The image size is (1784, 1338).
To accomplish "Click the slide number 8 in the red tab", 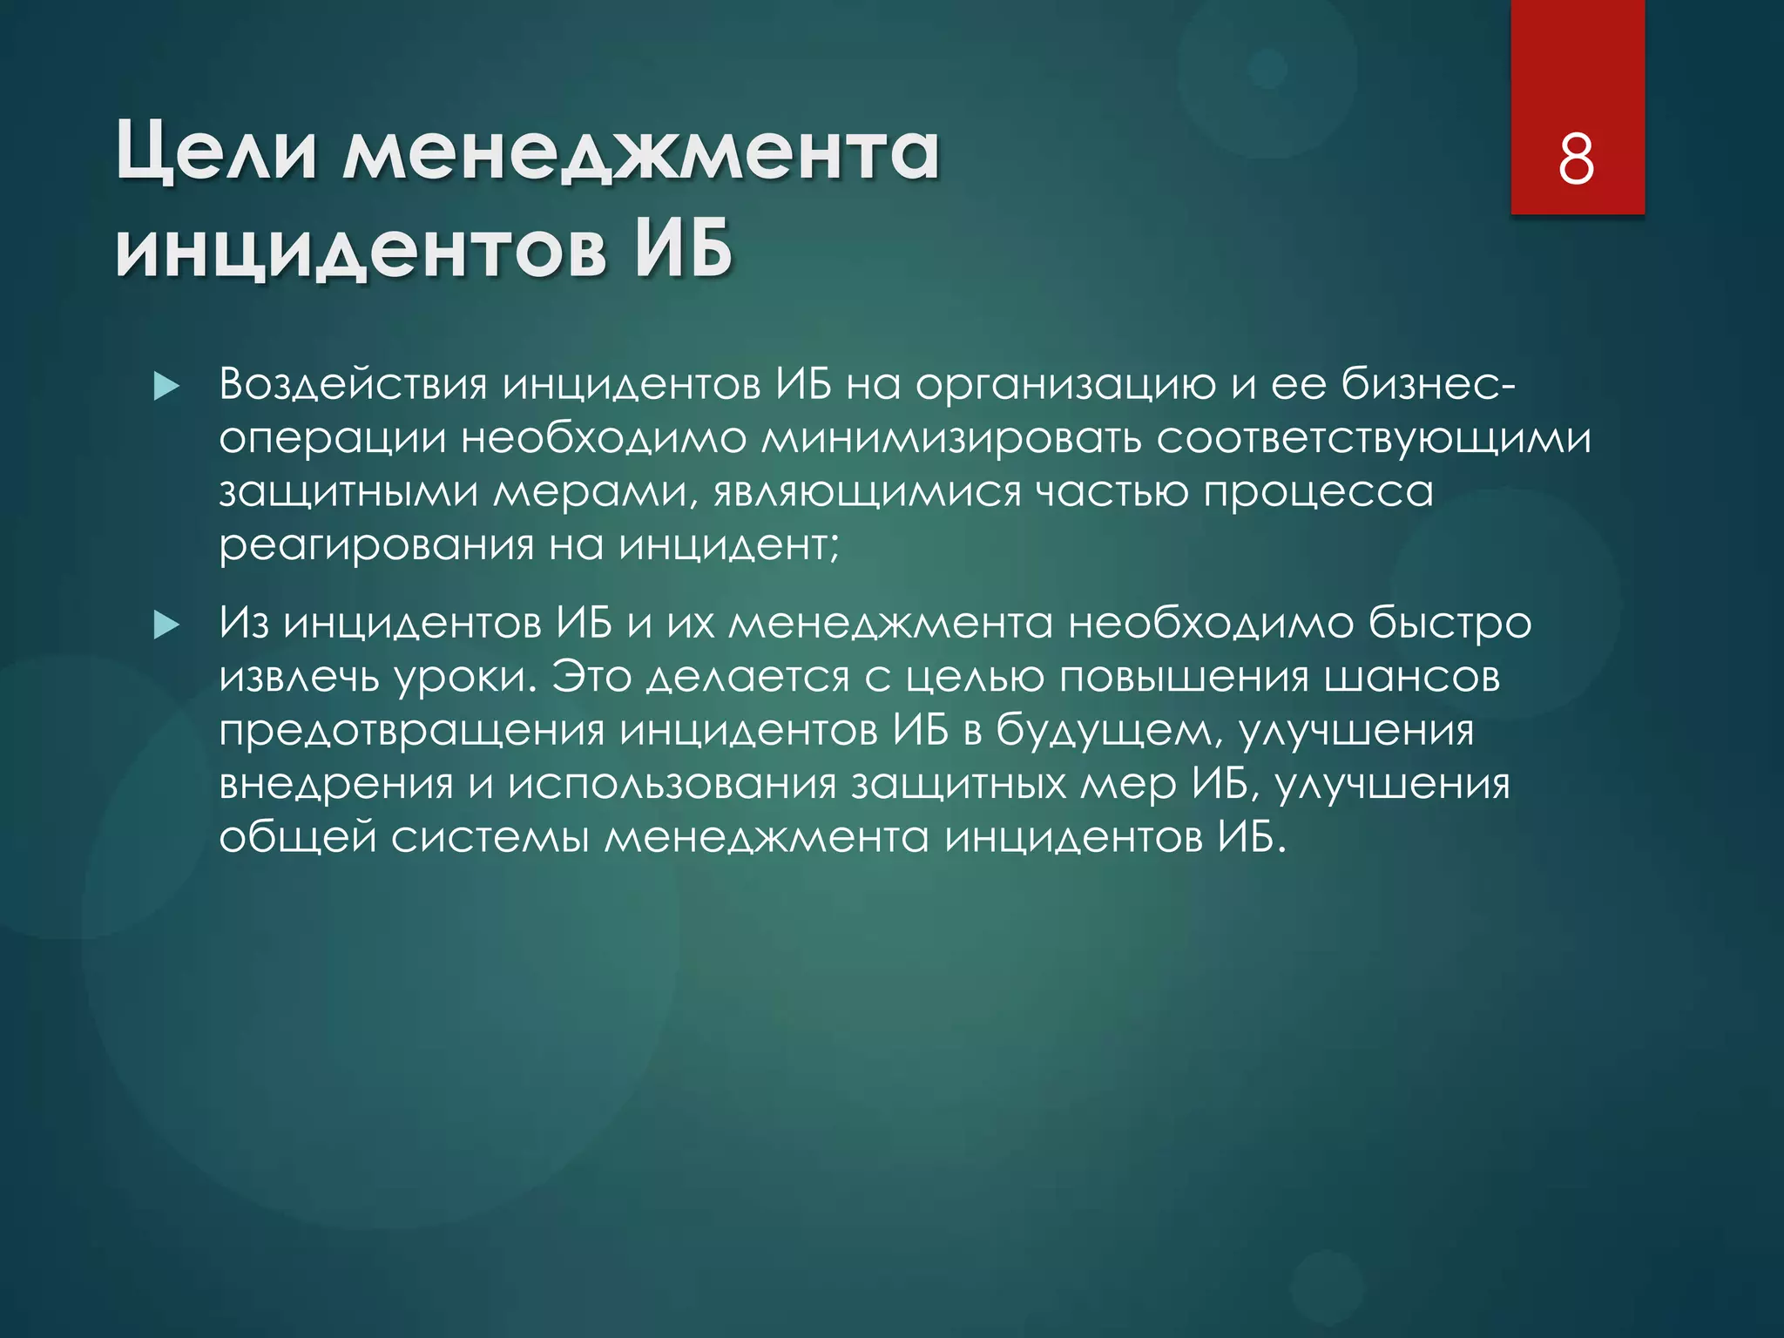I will pos(1577,159).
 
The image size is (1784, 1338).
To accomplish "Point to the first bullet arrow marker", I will pos(166,386).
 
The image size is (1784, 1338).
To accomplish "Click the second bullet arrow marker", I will pos(166,625).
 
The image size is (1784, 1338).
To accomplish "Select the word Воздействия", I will pos(353,385).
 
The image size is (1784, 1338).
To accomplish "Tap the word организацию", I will pos(1064,387).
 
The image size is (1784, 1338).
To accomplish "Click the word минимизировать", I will pos(950,438).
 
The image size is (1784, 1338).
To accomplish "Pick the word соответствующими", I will pos(1374,438).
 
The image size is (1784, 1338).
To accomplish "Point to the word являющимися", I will pos(867,493).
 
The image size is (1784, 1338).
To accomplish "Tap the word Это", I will pos(591,678).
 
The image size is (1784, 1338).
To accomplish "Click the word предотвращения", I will pos(411,732).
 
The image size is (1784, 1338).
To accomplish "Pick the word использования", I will pos(672,785).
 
